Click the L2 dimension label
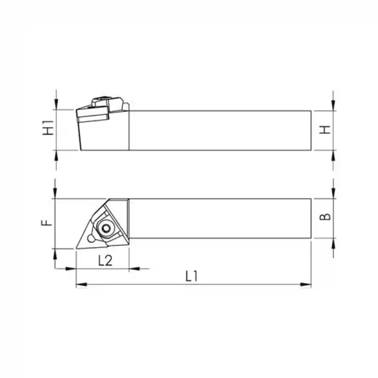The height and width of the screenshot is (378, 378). [x=105, y=260]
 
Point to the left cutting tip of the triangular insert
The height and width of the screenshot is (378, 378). [x=77, y=247]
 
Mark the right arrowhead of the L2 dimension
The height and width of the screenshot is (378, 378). [x=133, y=269]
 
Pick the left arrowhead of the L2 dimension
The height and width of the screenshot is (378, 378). [x=71, y=269]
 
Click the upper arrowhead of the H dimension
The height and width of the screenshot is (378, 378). [x=334, y=106]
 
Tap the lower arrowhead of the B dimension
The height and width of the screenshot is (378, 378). [x=334, y=242]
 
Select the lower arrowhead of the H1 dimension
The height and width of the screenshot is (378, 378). [x=56, y=155]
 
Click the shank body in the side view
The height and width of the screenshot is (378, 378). [x=220, y=130]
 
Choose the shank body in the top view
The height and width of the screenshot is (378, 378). [x=220, y=218]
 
